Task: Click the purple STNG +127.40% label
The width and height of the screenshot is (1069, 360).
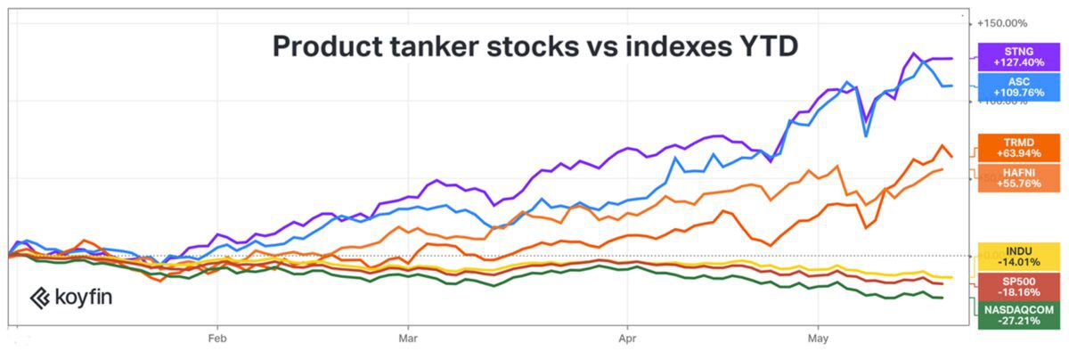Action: pos(1017,57)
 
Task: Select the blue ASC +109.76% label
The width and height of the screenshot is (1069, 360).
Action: pos(1017,86)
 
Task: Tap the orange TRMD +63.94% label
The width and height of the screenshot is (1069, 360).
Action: pos(1017,147)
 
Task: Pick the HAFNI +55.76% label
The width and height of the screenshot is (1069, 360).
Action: pos(1017,176)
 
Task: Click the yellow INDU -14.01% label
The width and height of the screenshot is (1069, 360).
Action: pos(1017,256)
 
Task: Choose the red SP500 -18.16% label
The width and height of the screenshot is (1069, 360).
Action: pos(1017,285)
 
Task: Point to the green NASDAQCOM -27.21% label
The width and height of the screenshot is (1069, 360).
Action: pos(1017,315)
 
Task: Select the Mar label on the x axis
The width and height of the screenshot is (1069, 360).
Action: pos(408,339)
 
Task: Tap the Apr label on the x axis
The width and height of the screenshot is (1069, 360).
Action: pos(627,339)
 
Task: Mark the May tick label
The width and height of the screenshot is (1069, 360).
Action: pos(817,339)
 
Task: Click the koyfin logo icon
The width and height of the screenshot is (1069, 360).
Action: pos(39,298)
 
